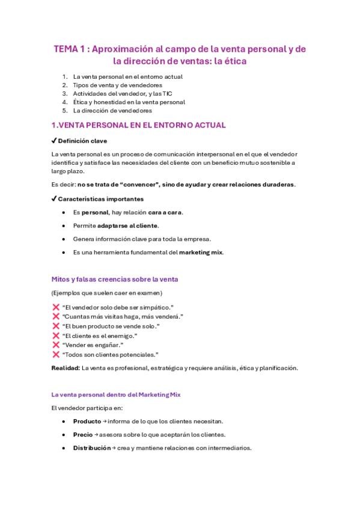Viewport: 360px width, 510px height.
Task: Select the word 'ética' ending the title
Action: coord(233,61)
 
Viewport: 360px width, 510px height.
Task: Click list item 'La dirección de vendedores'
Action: coord(112,111)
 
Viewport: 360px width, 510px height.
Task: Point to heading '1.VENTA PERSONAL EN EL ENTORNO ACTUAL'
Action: coord(139,126)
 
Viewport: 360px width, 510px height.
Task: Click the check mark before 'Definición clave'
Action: coord(54,141)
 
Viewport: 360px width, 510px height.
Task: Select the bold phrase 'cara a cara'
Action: coord(165,212)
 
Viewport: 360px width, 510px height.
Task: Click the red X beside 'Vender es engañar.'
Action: coord(56,345)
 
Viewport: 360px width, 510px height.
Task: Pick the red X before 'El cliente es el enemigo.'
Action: coord(56,335)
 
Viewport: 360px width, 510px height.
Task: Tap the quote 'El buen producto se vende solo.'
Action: coord(111,326)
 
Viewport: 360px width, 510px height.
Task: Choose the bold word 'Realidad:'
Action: coord(66,368)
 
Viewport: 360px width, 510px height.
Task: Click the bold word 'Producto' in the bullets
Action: coord(87,421)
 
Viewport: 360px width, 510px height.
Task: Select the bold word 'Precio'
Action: coord(83,434)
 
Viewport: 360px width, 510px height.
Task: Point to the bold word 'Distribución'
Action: coord(91,448)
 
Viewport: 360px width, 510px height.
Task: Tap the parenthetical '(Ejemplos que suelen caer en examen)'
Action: coord(107,293)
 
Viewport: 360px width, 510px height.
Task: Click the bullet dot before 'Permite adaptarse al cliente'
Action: coord(64,226)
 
